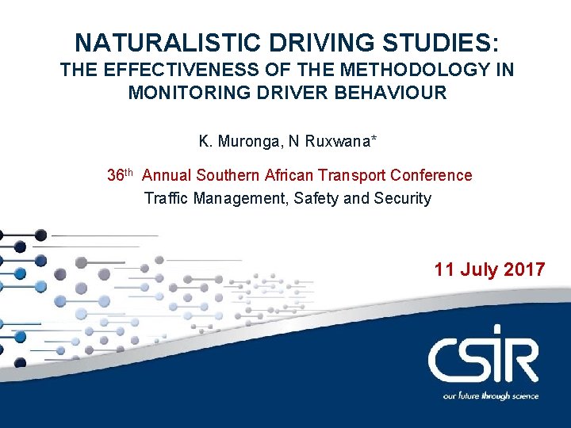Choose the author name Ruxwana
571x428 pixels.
tap(343, 143)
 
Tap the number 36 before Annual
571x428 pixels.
tap(116, 175)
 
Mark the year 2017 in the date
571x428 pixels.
tap(524, 269)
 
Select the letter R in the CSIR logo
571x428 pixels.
tap(522, 361)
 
